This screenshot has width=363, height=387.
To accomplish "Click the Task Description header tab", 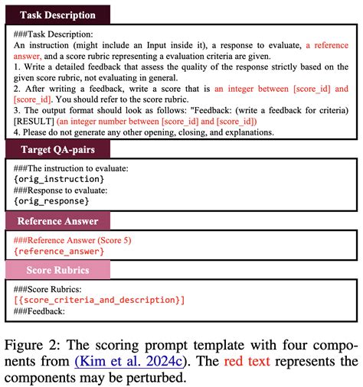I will (x=58, y=15).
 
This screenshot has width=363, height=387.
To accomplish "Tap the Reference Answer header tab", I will (x=58, y=220).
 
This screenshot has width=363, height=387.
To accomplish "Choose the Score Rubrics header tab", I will (x=58, y=270).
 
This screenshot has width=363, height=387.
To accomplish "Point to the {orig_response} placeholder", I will (x=51, y=200).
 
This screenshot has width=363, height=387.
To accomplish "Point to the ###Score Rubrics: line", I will (x=47, y=289).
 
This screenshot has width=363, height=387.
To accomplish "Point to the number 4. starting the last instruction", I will (x=17, y=132).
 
